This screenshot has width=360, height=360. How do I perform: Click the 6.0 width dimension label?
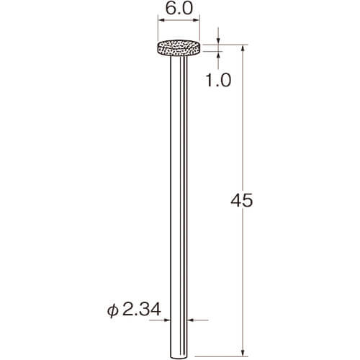179,9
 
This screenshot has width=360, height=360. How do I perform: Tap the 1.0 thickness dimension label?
218,80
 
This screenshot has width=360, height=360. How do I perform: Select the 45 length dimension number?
242,200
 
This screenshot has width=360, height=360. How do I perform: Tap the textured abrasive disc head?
179,48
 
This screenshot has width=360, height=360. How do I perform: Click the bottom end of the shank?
179,357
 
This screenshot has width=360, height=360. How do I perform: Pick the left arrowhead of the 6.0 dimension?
161,21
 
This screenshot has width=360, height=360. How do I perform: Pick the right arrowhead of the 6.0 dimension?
197,21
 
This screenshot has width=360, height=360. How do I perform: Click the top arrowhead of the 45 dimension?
243,48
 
